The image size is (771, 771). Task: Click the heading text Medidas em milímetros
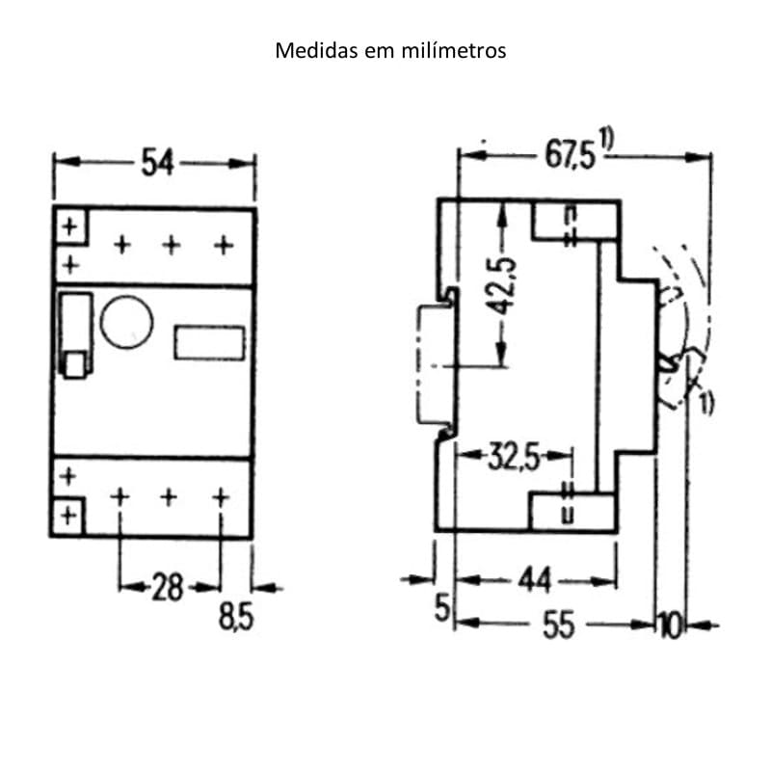pos(390,50)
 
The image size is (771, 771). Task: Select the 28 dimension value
pos(168,586)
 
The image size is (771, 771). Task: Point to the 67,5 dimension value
pos(571,155)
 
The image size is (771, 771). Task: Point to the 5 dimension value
pos(442,608)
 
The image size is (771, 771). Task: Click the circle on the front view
pos(127,321)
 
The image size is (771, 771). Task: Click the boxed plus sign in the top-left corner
pos(69,227)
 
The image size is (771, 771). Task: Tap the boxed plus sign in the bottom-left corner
pos(68,516)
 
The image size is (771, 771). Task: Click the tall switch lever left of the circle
pos(74,333)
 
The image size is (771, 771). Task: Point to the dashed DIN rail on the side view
pos(427,366)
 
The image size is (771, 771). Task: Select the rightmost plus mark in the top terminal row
pos(224,246)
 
